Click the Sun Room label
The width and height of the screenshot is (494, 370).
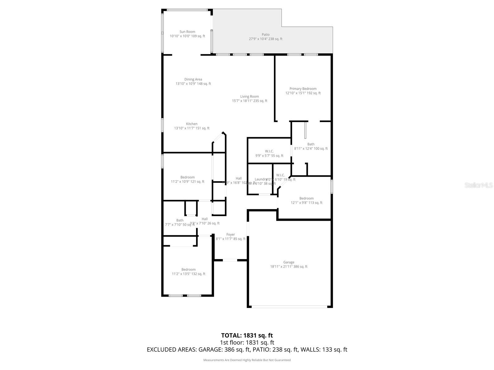click(187, 32)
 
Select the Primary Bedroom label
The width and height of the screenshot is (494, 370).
click(303, 89)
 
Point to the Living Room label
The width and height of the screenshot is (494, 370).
click(249, 97)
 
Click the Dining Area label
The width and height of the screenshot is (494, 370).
click(193, 80)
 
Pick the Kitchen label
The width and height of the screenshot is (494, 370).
click(192, 124)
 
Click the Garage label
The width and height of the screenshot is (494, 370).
click(289, 262)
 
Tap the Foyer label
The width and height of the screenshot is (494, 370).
click(231, 235)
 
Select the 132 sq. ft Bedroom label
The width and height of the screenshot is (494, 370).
click(188, 269)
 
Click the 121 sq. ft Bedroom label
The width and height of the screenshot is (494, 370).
click(187, 177)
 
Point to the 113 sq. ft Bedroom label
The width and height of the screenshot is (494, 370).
click(306, 199)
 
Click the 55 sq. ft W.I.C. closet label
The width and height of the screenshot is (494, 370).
click(269, 151)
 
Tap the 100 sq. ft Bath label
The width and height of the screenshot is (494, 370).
click(311, 144)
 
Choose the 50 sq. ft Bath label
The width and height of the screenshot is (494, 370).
click(180, 220)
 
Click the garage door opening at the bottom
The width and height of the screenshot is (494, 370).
click(289, 307)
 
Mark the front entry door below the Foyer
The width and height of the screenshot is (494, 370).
click(230, 260)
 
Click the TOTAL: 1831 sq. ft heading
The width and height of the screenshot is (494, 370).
click(247, 335)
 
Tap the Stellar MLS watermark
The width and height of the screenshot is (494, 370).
click(479, 185)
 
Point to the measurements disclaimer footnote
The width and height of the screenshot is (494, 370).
click(247, 360)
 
